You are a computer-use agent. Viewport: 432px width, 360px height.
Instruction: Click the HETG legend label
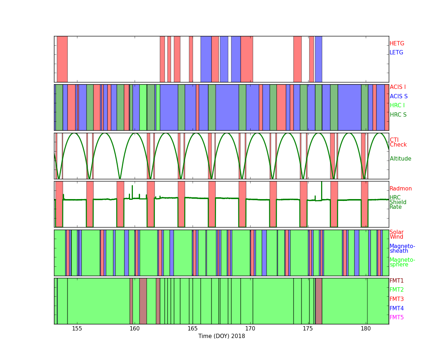(x=397, y=44)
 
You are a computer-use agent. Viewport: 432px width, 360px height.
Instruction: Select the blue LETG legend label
(x=396, y=52)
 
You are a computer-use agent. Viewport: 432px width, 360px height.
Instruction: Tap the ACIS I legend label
(x=398, y=87)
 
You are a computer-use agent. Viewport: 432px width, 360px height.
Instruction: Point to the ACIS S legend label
(x=399, y=96)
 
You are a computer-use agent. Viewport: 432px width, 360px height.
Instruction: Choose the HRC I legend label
(x=397, y=105)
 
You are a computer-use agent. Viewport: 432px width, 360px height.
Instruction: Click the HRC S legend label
(x=398, y=114)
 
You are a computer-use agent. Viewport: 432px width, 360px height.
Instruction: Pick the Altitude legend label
(x=400, y=159)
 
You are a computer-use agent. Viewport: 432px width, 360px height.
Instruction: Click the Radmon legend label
(x=401, y=189)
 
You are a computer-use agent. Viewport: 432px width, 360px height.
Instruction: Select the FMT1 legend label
(x=396, y=280)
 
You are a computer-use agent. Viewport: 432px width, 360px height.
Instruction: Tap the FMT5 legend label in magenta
(x=396, y=317)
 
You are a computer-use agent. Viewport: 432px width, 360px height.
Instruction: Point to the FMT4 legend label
(x=396, y=308)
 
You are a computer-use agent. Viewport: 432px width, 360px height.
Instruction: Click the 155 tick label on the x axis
(x=77, y=329)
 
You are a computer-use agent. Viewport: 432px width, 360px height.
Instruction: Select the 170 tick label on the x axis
(x=250, y=329)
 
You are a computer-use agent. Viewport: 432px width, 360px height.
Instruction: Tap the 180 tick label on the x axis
(x=366, y=329)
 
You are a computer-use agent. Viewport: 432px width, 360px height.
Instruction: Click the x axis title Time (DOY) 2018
(x=222, y=336)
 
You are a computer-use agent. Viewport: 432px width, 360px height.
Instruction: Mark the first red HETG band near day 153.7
(x=62, y=59)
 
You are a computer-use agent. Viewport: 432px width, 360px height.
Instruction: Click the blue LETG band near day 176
(x=318, y=59)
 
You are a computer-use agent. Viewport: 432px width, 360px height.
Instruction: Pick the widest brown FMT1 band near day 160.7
(x=143, y=301)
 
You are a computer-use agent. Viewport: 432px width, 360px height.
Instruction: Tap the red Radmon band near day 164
(x=181, y=204)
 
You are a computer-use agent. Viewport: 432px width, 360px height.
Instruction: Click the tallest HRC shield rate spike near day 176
(x=321, y=191)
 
